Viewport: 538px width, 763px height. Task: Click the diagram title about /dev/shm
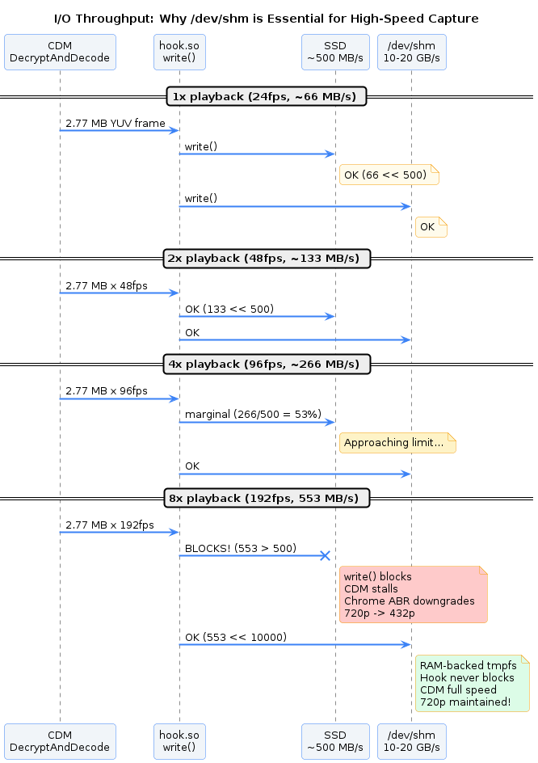(266, 19)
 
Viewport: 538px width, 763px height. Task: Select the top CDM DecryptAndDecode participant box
(60, 52)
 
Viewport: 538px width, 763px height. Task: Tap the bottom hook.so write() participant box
(179, 741)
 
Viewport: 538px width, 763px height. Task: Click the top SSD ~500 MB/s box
(335, 52)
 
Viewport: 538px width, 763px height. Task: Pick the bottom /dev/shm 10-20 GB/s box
(411, 741)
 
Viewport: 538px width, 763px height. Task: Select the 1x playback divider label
(266, 96)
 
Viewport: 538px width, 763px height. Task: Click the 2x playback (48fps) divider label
(266, 259)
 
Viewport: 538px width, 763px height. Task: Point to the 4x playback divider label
(266, 364)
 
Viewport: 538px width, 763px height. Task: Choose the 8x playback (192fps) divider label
(266, 498)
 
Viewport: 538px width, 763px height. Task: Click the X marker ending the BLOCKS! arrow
(325, 556)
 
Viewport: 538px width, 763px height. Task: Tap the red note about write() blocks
(413, 595)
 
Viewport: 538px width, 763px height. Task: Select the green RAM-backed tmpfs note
(472, 683)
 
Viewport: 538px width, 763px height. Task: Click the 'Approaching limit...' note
(397, 443)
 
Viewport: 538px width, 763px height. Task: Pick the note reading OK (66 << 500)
(389, 175)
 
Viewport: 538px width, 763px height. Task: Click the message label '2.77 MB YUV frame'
(116, 123)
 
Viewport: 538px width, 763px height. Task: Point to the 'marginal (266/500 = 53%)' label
(253, 414)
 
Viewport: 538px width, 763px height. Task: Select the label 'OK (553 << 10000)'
(236, 637)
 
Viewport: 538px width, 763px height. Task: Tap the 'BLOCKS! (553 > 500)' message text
(241, 548)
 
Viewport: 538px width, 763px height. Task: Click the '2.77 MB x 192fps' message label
(109, 525)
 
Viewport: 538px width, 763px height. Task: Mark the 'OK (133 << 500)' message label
(229, 309)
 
